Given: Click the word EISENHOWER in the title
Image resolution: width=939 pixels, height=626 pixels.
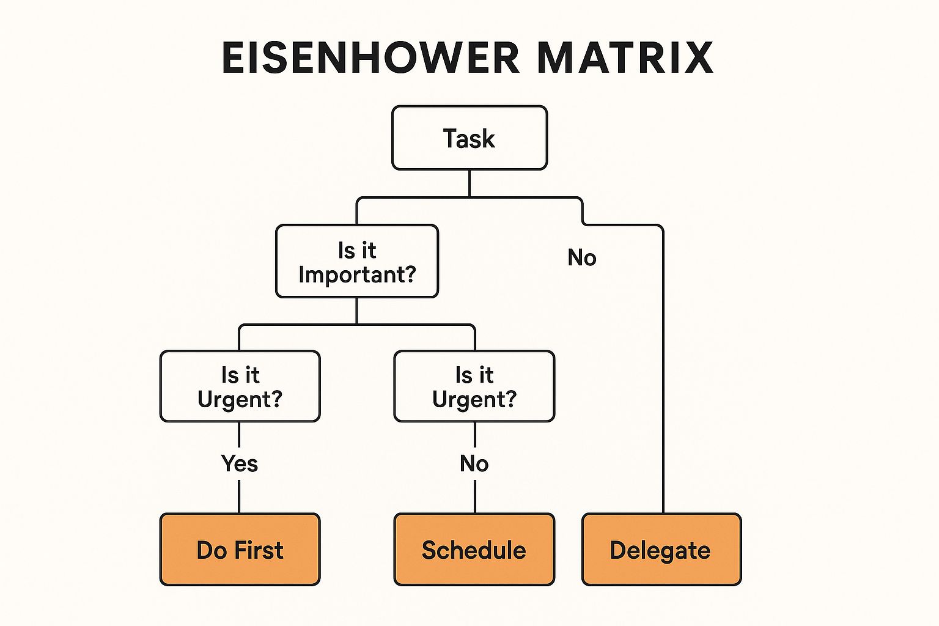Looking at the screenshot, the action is [370, 58].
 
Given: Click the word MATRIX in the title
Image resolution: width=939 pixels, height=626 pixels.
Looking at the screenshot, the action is [625, 58].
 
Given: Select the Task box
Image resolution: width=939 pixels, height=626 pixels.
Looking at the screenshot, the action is [469, 138].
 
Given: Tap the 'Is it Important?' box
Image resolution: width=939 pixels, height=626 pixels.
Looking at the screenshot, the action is [357, 261].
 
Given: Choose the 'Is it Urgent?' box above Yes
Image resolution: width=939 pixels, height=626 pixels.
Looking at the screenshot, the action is [240, 386].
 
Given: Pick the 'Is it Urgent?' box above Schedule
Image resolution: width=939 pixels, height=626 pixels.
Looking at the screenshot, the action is [474, 386].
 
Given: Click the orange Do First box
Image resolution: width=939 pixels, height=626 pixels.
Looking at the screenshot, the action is [240, 549].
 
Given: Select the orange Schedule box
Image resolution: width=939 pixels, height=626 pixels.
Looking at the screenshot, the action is [474, 549].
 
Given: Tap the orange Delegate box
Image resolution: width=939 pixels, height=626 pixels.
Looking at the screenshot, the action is [662, 549].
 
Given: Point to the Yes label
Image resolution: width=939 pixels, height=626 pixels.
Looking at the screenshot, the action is [240, 464].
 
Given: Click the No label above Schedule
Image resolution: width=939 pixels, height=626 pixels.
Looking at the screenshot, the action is [474, 464].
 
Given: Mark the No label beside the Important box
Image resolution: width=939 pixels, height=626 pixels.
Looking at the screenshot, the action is [582, 257].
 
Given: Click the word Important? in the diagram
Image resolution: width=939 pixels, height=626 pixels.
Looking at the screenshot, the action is [357, 276].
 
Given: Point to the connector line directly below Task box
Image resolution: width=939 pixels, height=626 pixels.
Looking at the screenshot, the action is [469, 183].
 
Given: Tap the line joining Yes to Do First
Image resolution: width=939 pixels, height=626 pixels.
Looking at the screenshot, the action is [239, 496].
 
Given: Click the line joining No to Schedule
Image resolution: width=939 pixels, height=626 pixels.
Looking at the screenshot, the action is [475, 496].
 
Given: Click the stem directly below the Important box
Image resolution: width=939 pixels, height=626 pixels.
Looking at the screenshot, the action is [357, 311].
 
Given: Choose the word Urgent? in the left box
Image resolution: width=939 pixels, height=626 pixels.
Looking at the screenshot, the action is [240, 399].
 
